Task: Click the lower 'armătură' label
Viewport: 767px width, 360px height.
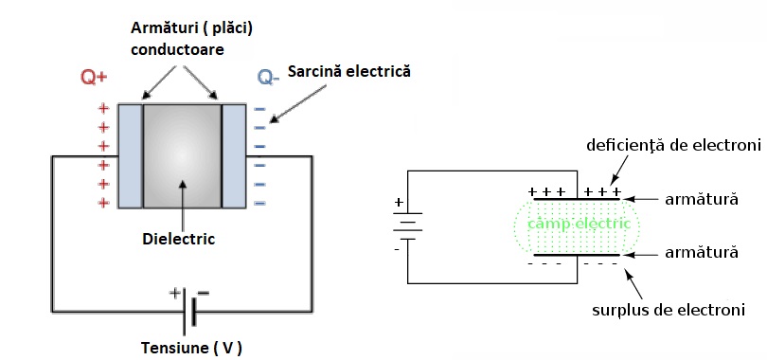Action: point(702,252)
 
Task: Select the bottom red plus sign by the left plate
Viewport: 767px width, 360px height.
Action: point(103,203)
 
